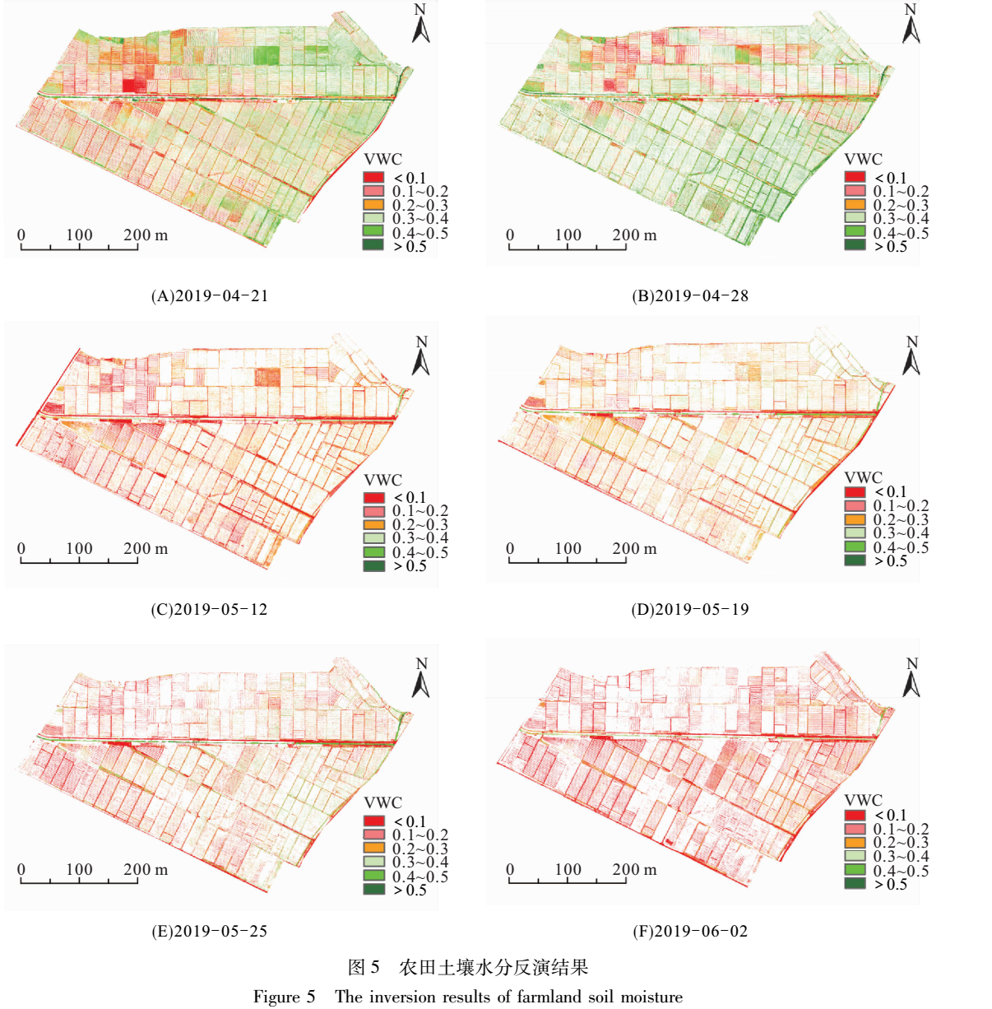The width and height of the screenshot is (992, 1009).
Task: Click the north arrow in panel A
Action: pyautogui.click(x=420, y=24)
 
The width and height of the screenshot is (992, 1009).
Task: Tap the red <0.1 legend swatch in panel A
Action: pyautogui.click(x=374, y=177)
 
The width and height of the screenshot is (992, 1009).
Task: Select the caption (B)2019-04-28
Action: pyautogui.click(x=690, y=295)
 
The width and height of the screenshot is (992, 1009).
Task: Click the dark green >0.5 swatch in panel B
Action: pyautogui.click(x=855, y=245)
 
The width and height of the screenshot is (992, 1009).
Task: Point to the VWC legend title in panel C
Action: pyautogui.click(x=382, y=480)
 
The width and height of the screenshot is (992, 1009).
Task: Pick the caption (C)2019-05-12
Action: pyautogui.click(x=209, y=609)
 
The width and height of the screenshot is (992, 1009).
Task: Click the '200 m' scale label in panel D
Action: pyautogui.click(x=634, y=548)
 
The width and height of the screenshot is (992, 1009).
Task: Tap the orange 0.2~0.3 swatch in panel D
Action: pyautogui.click(x=855, y=519)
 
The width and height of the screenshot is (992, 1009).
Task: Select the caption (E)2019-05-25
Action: pyautogui.click(x=209, y=931)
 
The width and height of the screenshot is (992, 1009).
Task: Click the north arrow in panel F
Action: pyautogui.click(x=911, y=677)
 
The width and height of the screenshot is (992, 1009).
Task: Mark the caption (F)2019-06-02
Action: pyautogui.click(x=690, y=931)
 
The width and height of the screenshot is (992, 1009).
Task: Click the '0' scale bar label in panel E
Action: pyautogui.click(x=21, y=869)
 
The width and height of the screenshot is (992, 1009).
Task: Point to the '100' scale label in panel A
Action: pyautogui.click(x=79, y=235)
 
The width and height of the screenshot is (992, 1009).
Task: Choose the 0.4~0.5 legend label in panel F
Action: pyautogui.click(x=901, y=871)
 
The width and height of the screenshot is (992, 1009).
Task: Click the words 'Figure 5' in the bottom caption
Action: pyautogui.click(x=284, y=997)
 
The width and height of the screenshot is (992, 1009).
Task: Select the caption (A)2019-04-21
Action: pyautogui.click(x=209, y=295)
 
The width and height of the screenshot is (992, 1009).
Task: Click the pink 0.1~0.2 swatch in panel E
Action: pyautogui.click(x=374, y=835)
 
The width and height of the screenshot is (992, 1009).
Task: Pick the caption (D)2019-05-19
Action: pyautogui.click(x=690, y=609)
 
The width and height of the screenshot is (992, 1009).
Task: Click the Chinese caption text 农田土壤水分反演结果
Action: pyautogui.click(x=494, y=967)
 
